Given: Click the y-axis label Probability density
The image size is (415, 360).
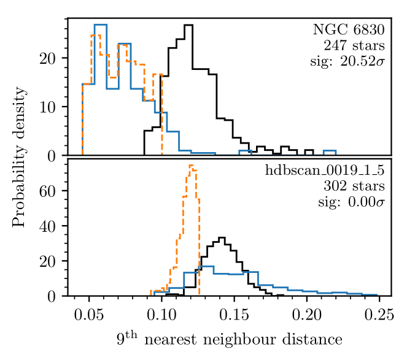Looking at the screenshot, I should [20, 157].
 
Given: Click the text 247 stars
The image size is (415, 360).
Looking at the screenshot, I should [354, 45].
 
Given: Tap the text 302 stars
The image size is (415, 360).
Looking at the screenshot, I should [354, 186].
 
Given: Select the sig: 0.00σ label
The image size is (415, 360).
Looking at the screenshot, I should [352, 202].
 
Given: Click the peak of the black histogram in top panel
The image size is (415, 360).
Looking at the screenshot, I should [188, 25].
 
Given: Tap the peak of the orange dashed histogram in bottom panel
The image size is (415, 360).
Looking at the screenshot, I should [191, 165].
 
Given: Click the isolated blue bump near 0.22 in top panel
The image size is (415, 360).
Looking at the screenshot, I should [330, 150].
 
